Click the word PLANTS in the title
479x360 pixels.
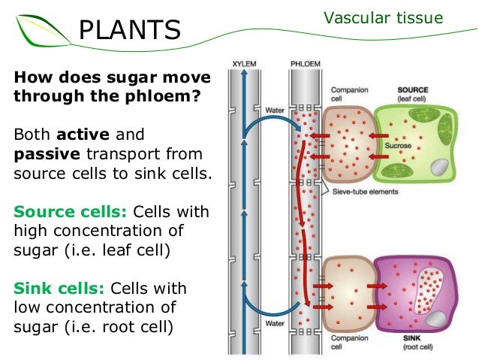pyautogui.click(x=129, y=30)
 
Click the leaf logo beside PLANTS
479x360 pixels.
pyautogui.click(x=38, y=30)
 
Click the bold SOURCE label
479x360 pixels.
pyautogui.click(x=413, y=89)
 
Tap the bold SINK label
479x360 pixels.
pyautogui.click(x=411, y=340)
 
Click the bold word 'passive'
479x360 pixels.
pyautogui.click(x=45, y=156)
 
